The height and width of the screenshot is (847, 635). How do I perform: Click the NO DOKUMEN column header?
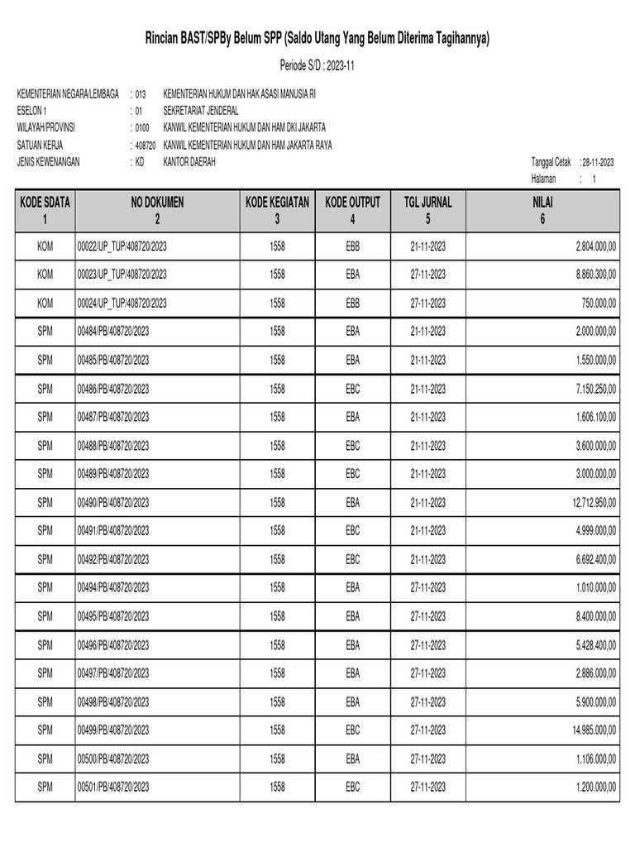157,210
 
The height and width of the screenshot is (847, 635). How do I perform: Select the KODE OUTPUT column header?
352,210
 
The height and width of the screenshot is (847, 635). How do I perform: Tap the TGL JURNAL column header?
427,210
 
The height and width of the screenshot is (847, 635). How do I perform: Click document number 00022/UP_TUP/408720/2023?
122,246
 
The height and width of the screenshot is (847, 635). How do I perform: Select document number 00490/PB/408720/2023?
113,502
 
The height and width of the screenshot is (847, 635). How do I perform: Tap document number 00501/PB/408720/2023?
113,787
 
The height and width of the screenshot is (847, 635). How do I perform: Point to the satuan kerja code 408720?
146,146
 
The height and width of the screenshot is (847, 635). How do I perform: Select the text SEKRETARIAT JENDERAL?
202,110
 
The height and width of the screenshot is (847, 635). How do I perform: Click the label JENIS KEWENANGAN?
48,162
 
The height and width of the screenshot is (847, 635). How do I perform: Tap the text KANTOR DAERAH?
190,162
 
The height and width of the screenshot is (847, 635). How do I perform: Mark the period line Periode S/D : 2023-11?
317,65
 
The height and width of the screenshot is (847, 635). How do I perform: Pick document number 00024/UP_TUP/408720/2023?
122,303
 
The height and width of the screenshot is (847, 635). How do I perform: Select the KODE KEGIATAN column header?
277,210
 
